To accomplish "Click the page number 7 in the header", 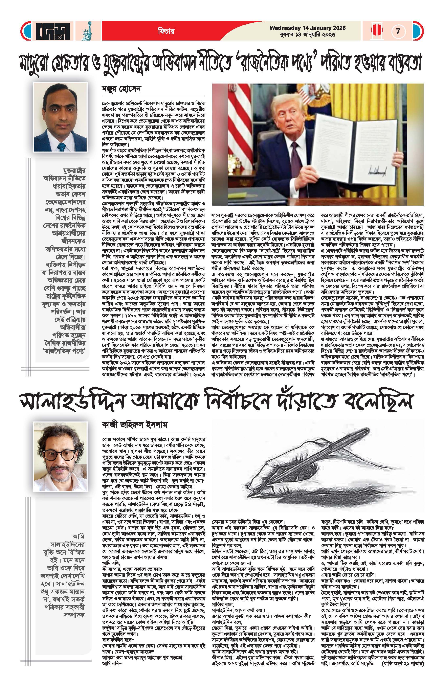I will coord(398,31).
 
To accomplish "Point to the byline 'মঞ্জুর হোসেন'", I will coord(121,89).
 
